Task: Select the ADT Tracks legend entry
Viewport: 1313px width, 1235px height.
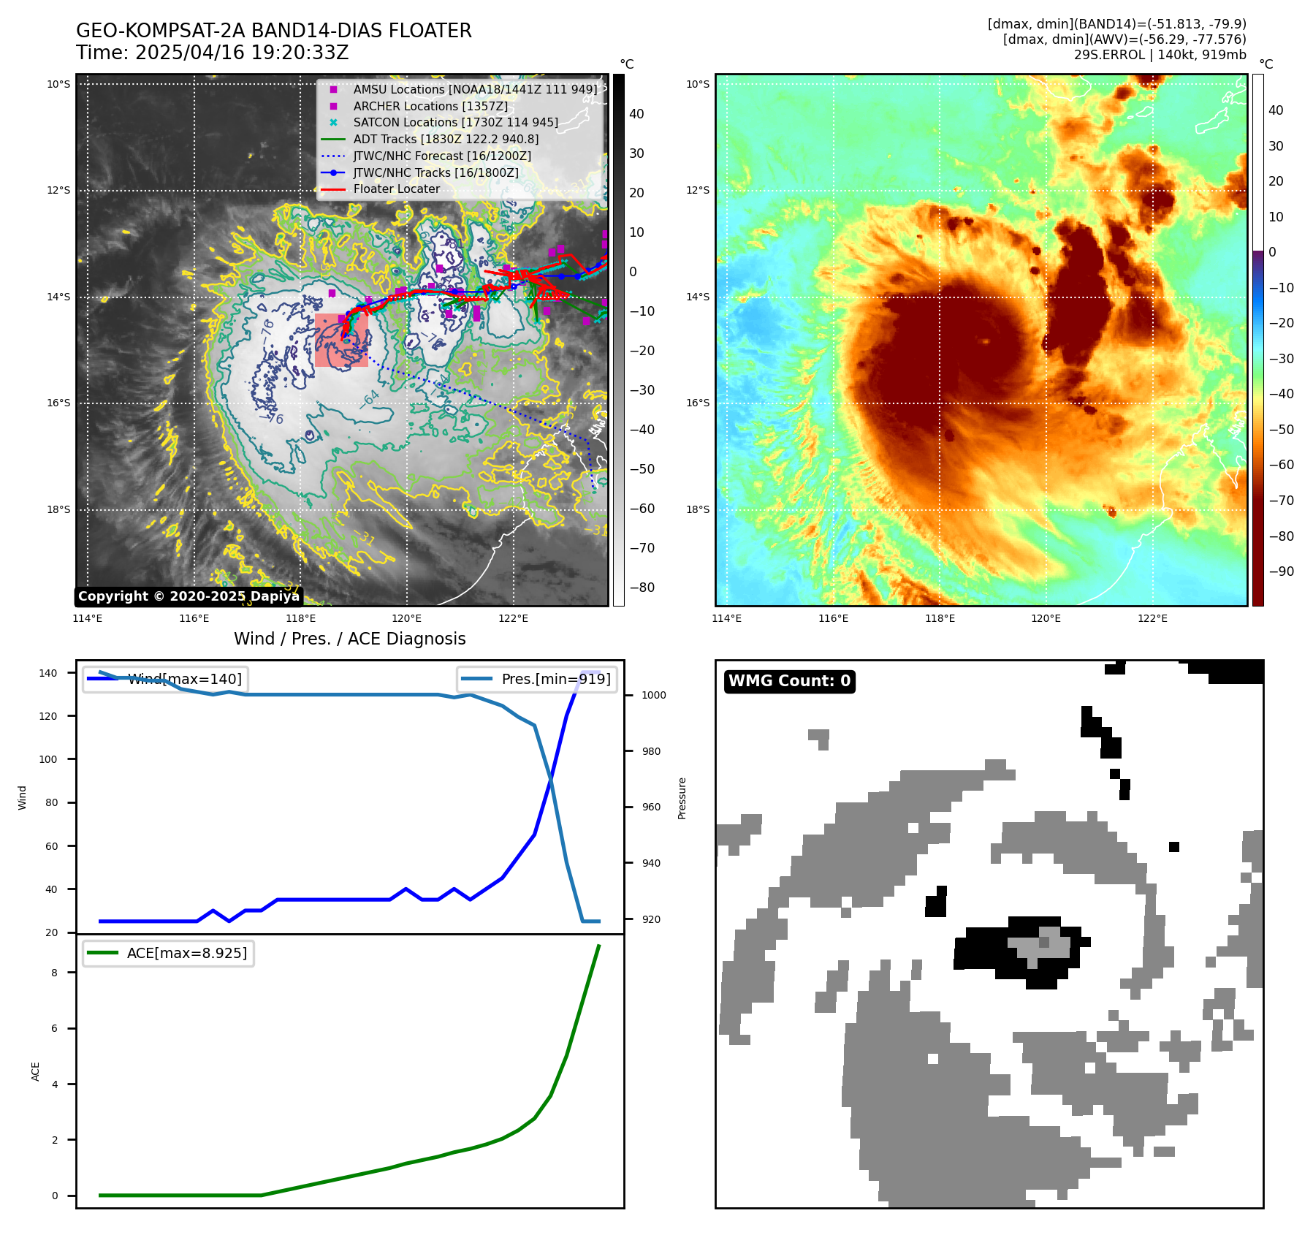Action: pos(446,139)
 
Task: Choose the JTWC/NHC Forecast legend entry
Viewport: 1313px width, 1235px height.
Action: pos(441,156)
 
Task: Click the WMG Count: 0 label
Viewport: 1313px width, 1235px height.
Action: pos(789,681)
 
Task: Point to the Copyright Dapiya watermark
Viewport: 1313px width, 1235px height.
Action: pos(189,596)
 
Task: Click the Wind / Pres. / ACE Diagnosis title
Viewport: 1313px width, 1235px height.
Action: pos(349,639)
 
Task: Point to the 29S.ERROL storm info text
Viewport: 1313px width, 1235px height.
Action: pos(1160,55)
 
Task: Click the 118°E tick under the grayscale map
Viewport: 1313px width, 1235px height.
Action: pos(300,618)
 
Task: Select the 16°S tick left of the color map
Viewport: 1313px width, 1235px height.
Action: pos(698,403)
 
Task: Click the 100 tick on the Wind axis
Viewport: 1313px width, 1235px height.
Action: pos(47,759)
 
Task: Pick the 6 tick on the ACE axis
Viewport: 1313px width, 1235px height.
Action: pos(55,1028)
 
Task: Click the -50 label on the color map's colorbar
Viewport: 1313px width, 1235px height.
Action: pos(1281,429)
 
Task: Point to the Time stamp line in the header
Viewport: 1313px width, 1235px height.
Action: pos(212,53)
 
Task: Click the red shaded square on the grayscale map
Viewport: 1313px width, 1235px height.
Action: pos(341,340)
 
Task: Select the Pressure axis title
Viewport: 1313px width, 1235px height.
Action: pos(682,798)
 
